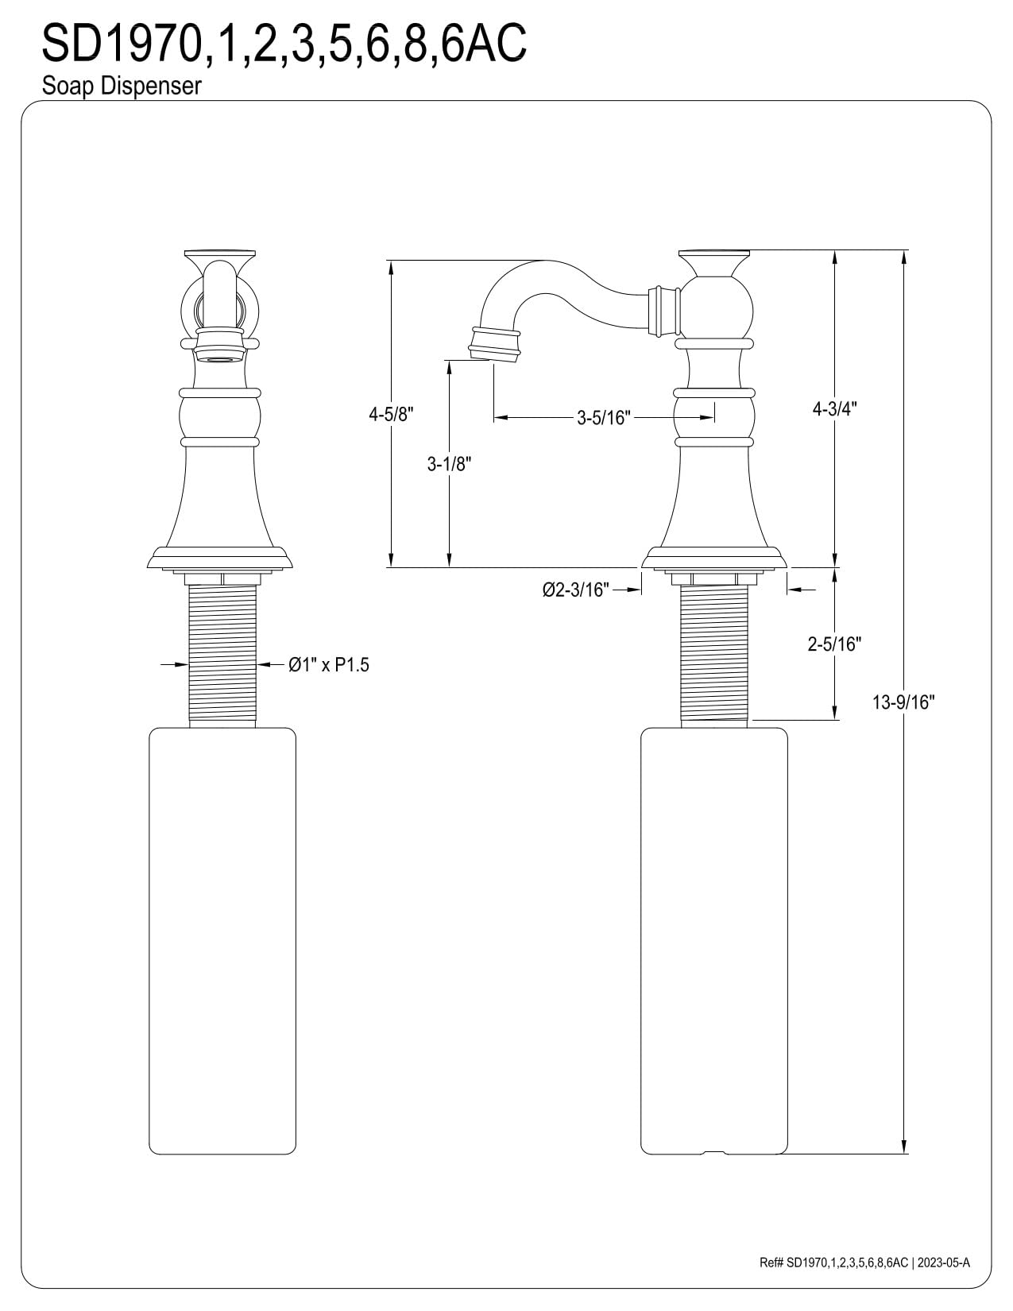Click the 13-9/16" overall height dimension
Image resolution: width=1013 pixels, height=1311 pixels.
[x=903, y=702]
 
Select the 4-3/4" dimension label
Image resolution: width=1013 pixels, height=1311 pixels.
[x=834, y=409]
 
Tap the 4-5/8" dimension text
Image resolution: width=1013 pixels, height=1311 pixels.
[x=391, y=415]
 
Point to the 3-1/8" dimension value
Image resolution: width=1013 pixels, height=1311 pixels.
[x=449, y=464]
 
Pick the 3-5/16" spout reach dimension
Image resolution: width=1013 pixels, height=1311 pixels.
[x=603, y=417]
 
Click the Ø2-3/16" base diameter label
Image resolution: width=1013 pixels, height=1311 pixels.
[x=576, y=590]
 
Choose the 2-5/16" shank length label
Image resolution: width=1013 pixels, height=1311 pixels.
[x=834, y=644]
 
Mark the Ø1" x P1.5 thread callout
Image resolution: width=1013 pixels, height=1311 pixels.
[x=329, y=665]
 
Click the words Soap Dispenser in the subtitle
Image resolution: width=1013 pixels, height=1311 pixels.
[x=122, y=87]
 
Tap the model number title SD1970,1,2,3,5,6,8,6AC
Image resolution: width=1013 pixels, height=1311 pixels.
[x=284, y=42]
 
